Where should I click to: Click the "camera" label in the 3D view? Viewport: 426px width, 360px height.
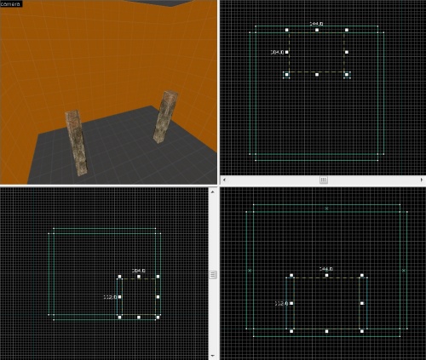[11, 4]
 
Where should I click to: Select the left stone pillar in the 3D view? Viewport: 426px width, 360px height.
[78, 142]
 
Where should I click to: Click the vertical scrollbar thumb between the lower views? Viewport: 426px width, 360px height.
[214, 274]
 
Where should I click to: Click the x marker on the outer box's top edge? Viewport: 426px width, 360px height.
[325, 208]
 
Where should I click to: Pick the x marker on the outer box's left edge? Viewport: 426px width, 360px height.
[249, 271]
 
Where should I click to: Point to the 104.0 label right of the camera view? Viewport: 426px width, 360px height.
[277, 52]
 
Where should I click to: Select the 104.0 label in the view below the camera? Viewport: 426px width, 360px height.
[138, 271]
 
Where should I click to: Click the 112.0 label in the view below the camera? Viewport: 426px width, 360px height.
[110, 297]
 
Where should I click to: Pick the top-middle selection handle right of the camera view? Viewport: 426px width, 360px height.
[317, 31]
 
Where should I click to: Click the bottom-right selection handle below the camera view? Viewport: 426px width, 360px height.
[158, 317]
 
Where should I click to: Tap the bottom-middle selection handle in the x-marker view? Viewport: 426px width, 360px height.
[326, 330]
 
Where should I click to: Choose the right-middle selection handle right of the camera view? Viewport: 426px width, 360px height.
[348, 53]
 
